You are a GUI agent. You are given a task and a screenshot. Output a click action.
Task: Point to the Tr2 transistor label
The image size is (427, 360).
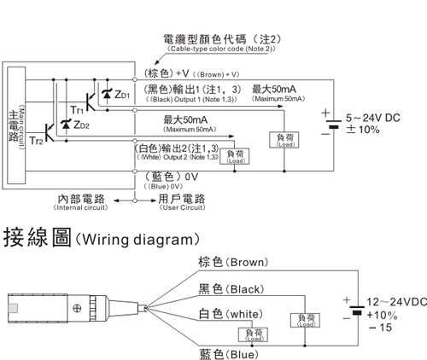(x=36, y=140)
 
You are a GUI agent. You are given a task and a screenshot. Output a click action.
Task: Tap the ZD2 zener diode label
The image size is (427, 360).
(x=82, y=125)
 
